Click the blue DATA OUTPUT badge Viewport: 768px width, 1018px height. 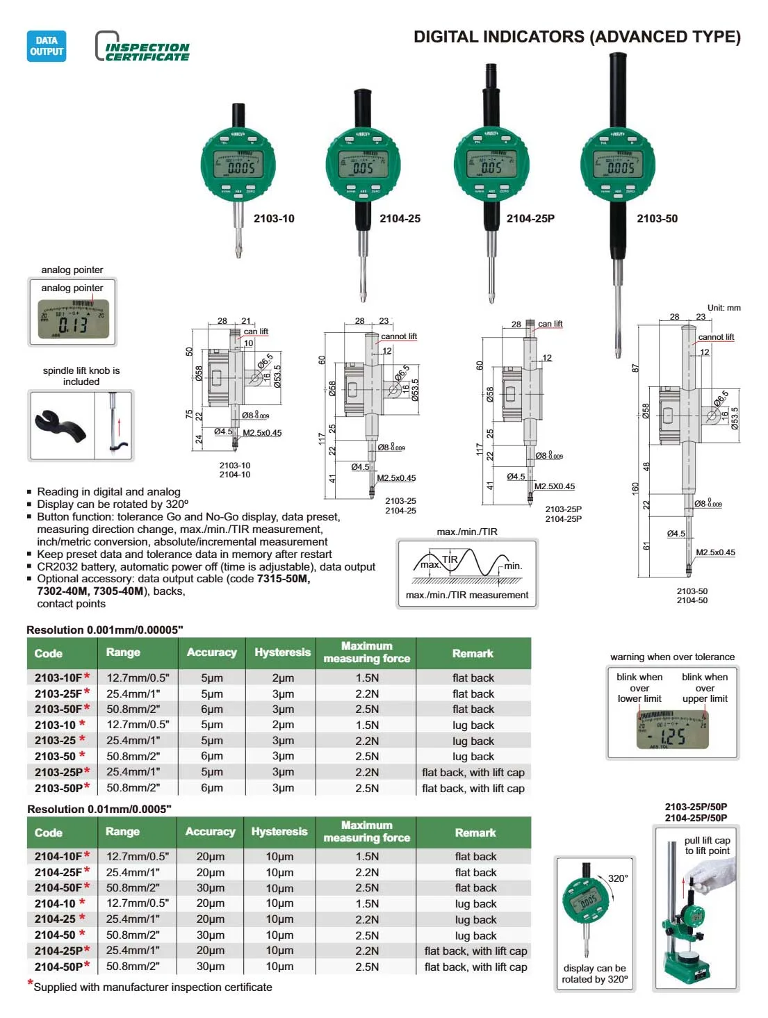(x=47, y=46)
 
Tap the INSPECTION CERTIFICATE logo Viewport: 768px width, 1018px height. (x=142, y=47)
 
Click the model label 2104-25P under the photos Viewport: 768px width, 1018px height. (x=530, y=218)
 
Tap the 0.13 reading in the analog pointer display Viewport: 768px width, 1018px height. (x=72, y=325)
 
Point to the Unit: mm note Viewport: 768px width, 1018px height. (x=724, y=308)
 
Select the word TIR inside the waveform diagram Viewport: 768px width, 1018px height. (x=450, y=559)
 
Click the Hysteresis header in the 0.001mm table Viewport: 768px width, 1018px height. (x=281, y=652)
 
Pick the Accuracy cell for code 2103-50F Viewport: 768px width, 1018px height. (x=211, y=709)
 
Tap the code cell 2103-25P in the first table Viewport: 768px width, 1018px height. (x=59, y=772)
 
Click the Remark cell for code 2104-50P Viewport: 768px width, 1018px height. (x=475, y=967)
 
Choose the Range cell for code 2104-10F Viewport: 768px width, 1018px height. (x=137, y=856)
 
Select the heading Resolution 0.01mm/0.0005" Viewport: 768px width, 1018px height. (x=99, y=809)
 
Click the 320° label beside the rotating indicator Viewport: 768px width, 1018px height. (x=617, y=878)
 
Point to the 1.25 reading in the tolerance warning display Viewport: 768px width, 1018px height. (x=672, y=736)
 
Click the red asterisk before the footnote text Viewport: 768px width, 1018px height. (x=31, y=983)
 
